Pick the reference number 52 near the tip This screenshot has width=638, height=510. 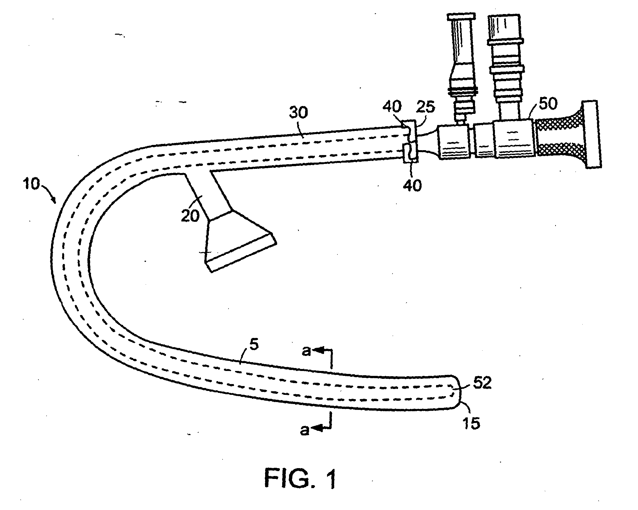click(x=482, y=383)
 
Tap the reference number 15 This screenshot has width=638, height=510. click(x=471, y=423)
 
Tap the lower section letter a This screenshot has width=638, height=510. click(x=304, y=430)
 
